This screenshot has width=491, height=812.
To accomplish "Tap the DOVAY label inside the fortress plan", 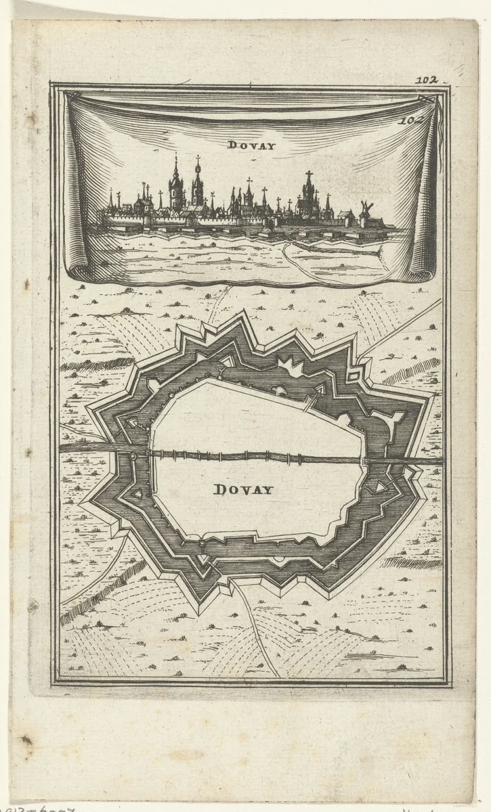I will coord(243,489).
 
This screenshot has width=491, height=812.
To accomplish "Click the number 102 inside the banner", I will coord(411,121).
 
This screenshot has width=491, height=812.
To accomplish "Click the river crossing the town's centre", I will coord(257,457).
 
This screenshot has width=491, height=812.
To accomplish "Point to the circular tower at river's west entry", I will coord(133,457).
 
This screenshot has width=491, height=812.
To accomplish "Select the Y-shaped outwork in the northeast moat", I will coord(381,424).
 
